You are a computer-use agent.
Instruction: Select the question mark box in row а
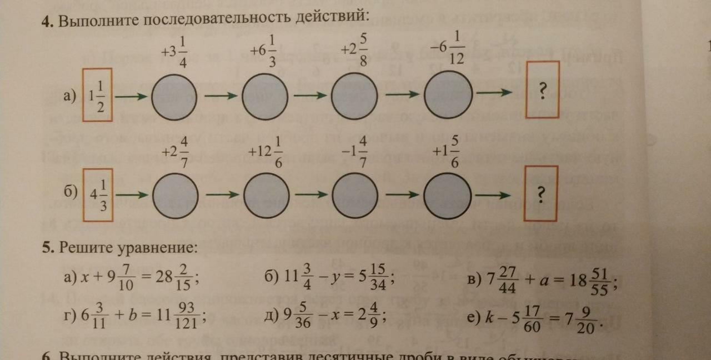pyautogui.click(x=543, y=89)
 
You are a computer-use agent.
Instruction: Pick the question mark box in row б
pyautogui.click(x=541, y=193)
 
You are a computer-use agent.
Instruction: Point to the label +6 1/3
pyautogui.click(x=263, y=52)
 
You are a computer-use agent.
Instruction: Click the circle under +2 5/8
pyautogui.click(x=354, y=97)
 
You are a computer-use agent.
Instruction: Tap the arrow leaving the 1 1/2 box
pyautogui.click(x=132, y=97)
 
